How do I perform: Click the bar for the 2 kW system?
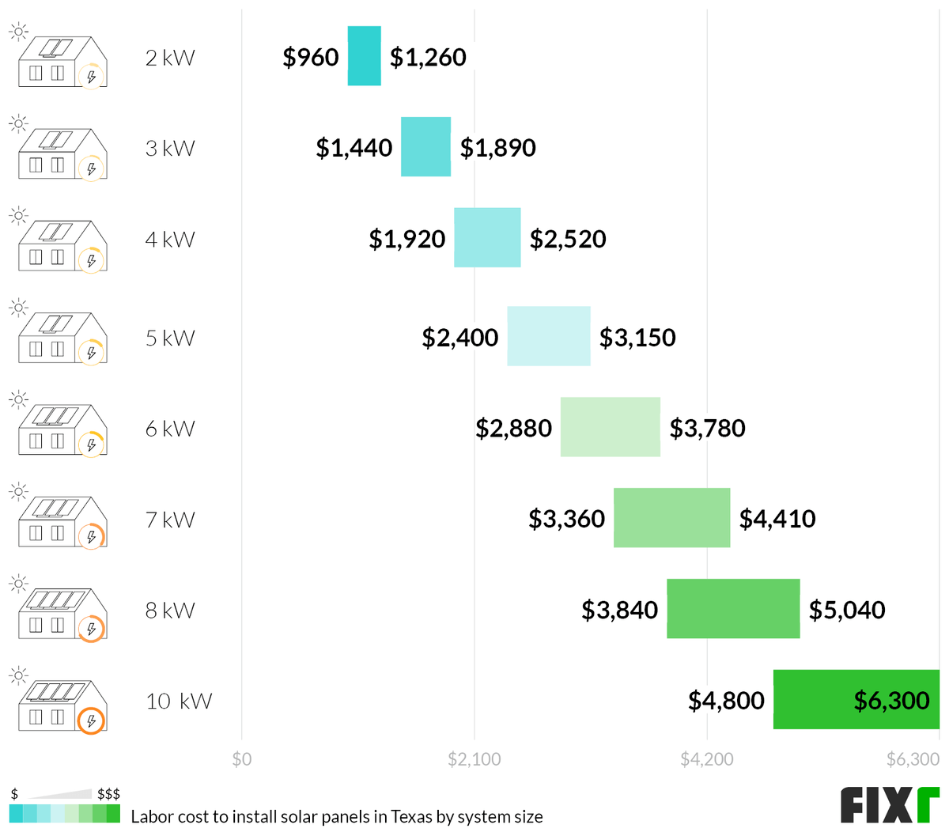364,56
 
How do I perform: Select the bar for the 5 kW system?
548,336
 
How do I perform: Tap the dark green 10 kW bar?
815,699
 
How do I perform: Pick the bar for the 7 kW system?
671,518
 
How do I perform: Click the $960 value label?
311,57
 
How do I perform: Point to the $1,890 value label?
498,148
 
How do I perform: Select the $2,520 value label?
568,239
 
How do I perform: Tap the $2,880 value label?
514,428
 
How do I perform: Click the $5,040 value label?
847,610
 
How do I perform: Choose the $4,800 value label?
726,701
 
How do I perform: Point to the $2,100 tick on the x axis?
475,759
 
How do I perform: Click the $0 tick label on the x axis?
242,759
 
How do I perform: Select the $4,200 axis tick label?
707,759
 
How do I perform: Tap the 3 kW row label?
170,149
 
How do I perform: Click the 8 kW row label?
170,611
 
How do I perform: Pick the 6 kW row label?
170,429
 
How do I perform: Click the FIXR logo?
890,805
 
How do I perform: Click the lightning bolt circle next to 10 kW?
92,720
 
